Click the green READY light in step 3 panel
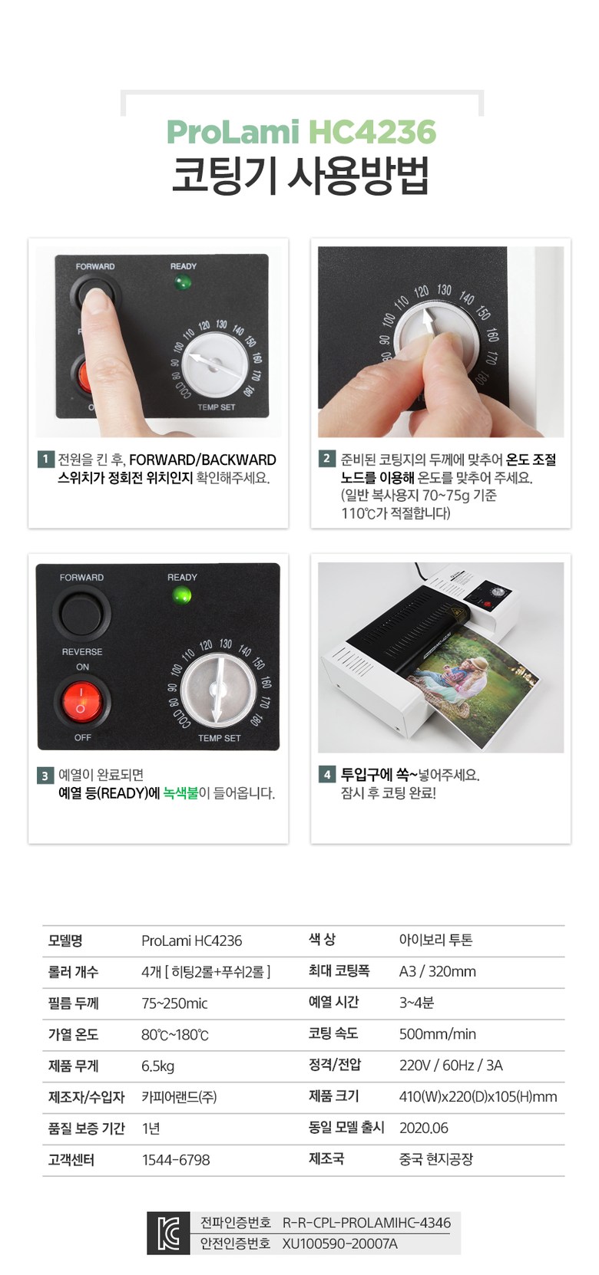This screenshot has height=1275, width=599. [x=182, y=595]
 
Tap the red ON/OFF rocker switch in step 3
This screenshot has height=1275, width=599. [x=81, y=701]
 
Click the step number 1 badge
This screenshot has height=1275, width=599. [x=45, y=459]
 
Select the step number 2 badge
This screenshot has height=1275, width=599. [x=326, y=459]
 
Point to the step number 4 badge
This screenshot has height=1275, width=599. [x=326, y=774]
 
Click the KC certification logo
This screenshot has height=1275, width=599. [x=168, y=1233]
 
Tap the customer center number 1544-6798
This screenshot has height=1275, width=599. [x=176, y=1159]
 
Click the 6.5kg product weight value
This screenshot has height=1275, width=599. [x=158, y=1066]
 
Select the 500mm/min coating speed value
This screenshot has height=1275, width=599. [x=437, y=1033]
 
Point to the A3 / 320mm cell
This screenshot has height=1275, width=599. [x=437, y=971]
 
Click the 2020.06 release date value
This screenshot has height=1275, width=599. [x=423, y=1128]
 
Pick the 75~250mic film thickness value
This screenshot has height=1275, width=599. [x=174, y=1003]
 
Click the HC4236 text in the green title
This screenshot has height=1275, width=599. [x=372, y=132]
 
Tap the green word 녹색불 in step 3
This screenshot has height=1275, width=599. [x=180, y=793]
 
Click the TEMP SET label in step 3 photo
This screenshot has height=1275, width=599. [x=220, y=738]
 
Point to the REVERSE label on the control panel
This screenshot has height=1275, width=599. [x=82, y=652]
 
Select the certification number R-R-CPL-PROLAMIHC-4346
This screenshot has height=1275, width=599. [x=366, y=1223]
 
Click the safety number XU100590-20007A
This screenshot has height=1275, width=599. [x=339, y=1244]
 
